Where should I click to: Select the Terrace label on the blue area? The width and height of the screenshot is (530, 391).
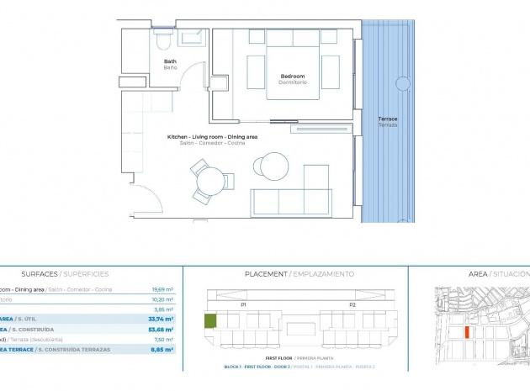(x=388, y=119)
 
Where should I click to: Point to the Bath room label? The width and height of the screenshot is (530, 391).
(x=170, y=61)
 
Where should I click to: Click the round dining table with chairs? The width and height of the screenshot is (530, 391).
(x=207, y=179)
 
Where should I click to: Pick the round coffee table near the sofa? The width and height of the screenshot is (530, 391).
(x=274, y=163)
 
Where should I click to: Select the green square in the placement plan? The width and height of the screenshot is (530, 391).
(x=210, y=321)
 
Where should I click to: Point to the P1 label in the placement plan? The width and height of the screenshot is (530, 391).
(x=244, y=304)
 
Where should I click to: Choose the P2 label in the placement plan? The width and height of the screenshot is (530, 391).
(x=352, y=304)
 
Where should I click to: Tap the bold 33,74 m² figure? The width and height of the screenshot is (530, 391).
(x=162, y=319)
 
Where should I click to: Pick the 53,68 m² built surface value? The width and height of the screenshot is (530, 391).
(x=162, y=330)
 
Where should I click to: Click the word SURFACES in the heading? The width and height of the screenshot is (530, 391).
(x=39, y=274)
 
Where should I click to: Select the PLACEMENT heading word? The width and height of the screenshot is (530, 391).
(x=266, y=274)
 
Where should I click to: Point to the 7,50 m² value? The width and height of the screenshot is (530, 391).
(x=163, y=340)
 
